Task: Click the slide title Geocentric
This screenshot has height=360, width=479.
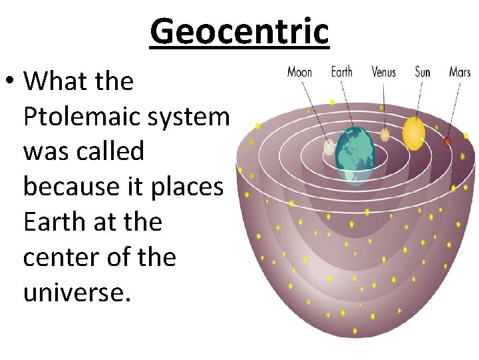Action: click(239, 31)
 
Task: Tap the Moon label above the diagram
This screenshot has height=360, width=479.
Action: click(299, 72)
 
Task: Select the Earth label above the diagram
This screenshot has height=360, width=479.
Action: click(342, 72)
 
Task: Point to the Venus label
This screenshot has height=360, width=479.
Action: click(385, 72)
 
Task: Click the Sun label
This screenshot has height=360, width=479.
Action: click(422, 72)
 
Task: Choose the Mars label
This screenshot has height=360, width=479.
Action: click(460, 72)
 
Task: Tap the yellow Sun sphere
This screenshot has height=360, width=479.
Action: click(414, 133)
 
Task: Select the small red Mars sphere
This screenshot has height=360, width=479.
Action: click(447, 141)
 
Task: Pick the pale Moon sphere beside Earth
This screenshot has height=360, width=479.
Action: click(328, 147)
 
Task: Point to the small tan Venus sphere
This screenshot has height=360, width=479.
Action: click(385, 135)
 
